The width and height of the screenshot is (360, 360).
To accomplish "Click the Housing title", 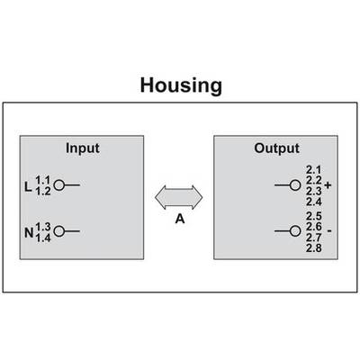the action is (181, 86).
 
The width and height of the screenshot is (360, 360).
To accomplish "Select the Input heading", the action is (83, 148).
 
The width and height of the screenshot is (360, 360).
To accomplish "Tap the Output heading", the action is (276, 148).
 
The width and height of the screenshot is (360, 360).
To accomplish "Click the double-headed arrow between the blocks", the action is (179, 197).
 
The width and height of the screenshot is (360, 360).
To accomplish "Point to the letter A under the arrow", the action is (180, 219).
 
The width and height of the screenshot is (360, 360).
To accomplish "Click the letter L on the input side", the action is (28, 187).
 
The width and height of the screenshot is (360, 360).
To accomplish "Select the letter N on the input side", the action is (29, 233).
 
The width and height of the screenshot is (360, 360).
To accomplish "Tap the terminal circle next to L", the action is (59, 185).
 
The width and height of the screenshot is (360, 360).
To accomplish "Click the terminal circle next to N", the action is (59, 231).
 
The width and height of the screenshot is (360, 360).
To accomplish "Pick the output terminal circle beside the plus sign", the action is (295, 185).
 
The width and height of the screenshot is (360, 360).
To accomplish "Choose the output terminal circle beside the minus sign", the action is (295, 231).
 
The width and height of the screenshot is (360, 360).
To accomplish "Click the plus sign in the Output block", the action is (328, 185).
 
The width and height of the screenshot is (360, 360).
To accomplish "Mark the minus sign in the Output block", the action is (329, 231).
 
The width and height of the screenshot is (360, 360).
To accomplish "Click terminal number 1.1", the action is (43, 180).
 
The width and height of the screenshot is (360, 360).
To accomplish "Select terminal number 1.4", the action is (43, 238).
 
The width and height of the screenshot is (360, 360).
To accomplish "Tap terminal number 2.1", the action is (313, 170).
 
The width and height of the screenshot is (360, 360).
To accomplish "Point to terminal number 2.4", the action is (314, 202).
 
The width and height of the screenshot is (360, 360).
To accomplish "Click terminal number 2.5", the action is (314, 216).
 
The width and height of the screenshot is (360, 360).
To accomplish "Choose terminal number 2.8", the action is (314, 248).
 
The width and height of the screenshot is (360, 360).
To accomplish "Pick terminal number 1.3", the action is (43, 227).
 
